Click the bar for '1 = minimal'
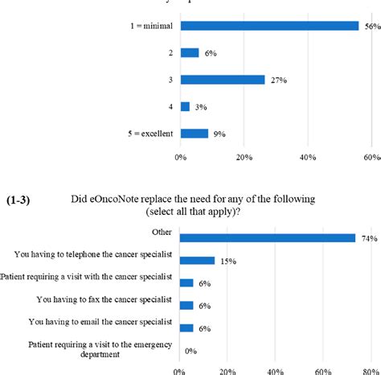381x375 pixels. coord(269,26)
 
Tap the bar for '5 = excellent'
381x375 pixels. coord(195,133)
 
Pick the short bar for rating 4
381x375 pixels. coord(186,106)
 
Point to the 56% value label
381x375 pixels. coord(372,26)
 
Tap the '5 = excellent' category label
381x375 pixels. coord(147,134)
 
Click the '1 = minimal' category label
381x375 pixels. coord(152,26)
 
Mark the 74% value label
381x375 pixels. coord(369,238)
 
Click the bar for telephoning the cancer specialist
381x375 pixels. coord(198,261)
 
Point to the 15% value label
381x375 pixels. coord(228,261)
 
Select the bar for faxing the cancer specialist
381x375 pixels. coord(186,306)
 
